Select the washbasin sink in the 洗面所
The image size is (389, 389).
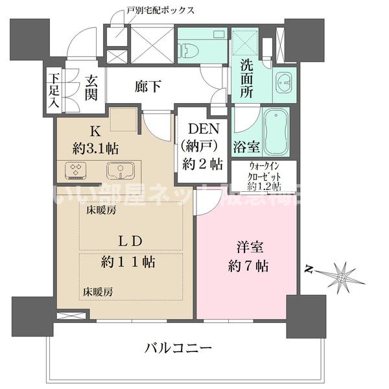click(284, 84)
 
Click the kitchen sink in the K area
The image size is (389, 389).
click(121, 171)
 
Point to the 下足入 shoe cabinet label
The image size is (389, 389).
click(54, 90)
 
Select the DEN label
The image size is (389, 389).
click(201, 130)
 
